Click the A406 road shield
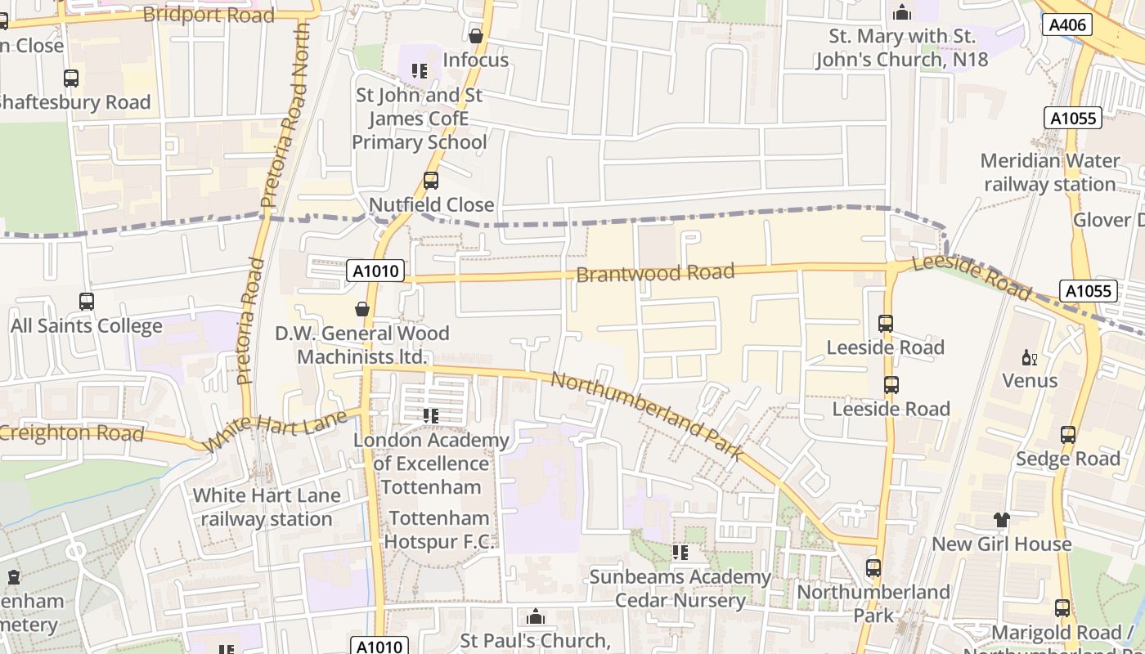1068,25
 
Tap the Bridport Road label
208,15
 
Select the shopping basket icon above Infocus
476,36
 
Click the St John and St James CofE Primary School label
420,119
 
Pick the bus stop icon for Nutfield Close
431,181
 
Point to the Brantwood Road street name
655,272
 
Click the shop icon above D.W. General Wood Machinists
362,309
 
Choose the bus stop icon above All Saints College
87,301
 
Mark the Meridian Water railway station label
1049,172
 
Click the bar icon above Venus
1029,357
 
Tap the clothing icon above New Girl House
1001,519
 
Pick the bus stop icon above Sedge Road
1067,435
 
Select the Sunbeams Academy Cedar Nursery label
680,589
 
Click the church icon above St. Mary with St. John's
902,12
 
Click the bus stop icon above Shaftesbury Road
71,78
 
